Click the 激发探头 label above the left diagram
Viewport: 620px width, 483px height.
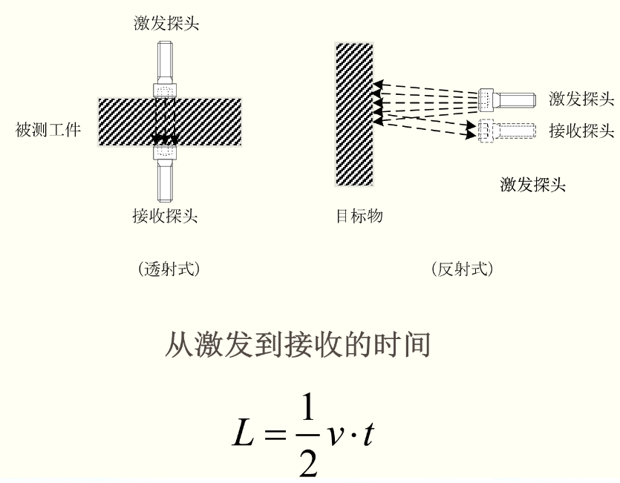click(166, 23)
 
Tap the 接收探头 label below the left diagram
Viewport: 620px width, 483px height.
click(165, 216)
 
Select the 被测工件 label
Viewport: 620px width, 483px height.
click(48, 130)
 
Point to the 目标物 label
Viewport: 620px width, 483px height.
click(359, 216)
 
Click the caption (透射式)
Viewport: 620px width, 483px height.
click(169, 269)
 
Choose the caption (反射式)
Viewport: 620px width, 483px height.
click(463, 269)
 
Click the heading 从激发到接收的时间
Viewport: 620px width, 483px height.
click(298, 345)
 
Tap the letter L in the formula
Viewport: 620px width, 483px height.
click(243, 433)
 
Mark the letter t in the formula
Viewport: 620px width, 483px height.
click(368, 433)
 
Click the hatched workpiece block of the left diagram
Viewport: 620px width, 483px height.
click(169, 122)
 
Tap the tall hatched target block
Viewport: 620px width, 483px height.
click(354, 114)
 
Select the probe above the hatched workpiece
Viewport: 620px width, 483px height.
click(165, 70)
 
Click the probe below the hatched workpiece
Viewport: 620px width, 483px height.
click(165, 173)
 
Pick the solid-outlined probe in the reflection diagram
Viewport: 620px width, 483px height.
click(507, 100)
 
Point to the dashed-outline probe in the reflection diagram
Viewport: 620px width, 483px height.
click(507, 131)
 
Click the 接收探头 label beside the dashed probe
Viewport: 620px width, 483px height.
click(581, 131)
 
